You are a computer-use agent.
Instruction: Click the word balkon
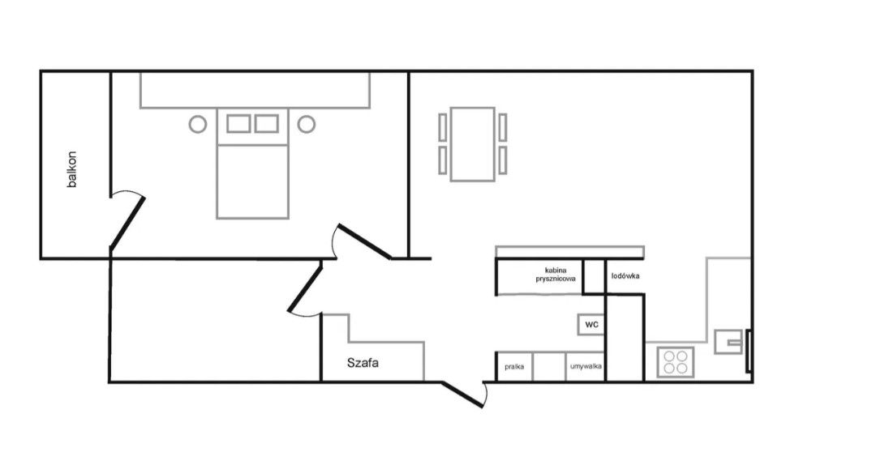(71, 169)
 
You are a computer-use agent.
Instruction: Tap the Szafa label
(363, 363)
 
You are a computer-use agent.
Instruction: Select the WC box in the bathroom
(591, 325)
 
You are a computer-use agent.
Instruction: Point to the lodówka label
(625, 276)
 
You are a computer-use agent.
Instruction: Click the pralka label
(513, 367)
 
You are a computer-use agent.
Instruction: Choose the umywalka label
(586, 366)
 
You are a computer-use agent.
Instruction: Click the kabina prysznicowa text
(556, 275)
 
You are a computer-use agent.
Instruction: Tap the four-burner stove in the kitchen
(675, 362)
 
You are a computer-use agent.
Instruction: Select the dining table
(473, 144)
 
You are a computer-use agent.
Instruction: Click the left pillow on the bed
(238, 124)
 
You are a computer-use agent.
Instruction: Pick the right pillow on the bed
(266, 124)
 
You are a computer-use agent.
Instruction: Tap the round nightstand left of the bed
(197, 116)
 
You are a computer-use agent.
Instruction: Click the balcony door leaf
(128, 222)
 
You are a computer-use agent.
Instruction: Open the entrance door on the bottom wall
(462, 394)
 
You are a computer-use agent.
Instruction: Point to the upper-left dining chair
(443, 127)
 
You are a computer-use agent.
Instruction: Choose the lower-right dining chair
(503, 160)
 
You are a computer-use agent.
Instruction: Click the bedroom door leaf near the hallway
(365, 241)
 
